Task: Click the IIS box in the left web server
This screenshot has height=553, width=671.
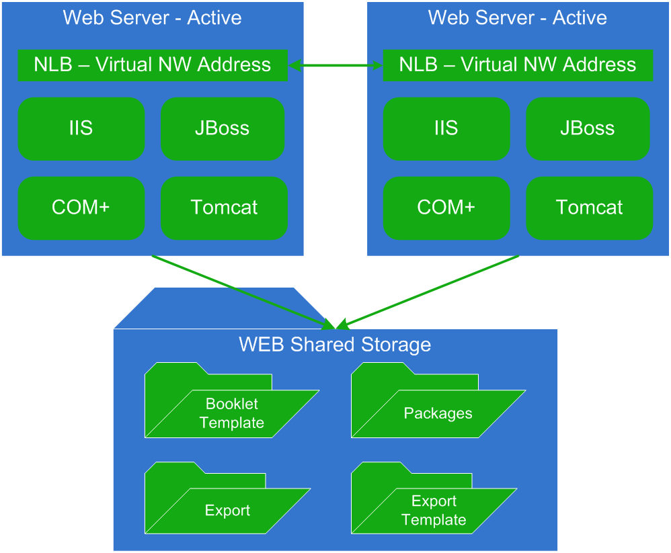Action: (81, 129)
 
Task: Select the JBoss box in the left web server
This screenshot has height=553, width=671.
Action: (223, 129)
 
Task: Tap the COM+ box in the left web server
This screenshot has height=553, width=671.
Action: (81, 208)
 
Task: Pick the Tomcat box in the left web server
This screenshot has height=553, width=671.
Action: (224, 208)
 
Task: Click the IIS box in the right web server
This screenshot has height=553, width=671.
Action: (446, 129)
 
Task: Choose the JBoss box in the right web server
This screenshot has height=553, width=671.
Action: (588, 129)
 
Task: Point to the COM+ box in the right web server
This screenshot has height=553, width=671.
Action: (446, 208)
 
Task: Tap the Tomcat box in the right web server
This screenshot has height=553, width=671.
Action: (589, 208)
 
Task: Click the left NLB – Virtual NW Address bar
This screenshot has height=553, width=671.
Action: (153, 65)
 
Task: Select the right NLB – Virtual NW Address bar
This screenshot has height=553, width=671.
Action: (518, 65)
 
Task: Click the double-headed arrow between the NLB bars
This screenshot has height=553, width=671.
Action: (335, 65)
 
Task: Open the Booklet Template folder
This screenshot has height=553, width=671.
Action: (231, 413)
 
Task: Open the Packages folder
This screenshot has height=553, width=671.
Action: (437, 413)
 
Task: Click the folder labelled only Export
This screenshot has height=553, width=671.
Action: (227, 510)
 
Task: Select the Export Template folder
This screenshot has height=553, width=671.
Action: (434, 510)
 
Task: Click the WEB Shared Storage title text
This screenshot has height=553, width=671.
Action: (335, 345)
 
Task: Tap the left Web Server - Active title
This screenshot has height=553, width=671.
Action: (153, 17)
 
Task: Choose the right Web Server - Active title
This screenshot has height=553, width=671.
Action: (518, 17)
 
